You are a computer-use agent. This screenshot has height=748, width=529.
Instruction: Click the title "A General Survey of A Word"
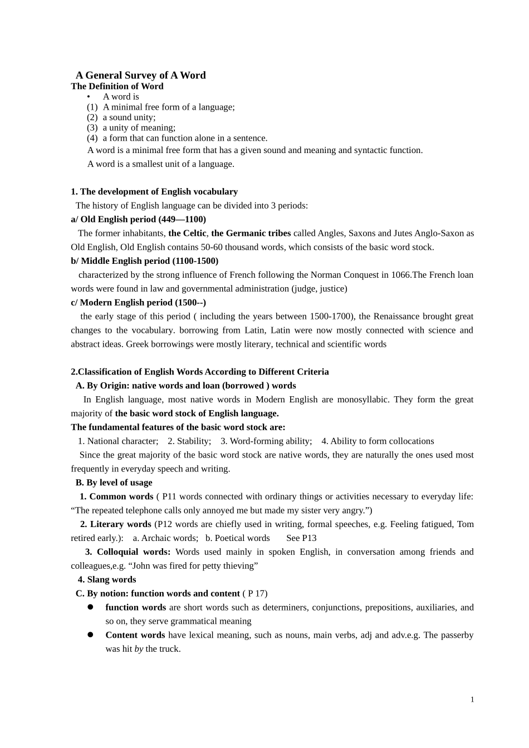point(141,75)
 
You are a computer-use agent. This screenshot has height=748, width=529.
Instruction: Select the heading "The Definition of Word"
point(117,86)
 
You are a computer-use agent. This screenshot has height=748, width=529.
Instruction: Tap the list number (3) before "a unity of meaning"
point(92,128)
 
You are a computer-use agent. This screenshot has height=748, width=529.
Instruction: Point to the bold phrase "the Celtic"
point(187,233)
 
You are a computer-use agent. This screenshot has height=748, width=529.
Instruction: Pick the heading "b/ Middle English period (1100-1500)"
point(145,261)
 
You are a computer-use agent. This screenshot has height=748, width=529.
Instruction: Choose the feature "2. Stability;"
point(189,441)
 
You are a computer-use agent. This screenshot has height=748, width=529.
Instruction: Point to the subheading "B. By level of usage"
point(114,483)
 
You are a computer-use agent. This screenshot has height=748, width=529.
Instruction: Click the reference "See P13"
point(301,538)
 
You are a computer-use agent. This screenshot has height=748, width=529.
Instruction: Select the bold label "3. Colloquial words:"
point(128,552)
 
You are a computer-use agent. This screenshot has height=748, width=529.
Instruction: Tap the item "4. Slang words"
point(107,580)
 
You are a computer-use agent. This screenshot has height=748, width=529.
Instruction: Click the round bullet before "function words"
point(90,607)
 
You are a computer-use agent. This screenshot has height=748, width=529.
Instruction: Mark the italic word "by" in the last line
point(139,649)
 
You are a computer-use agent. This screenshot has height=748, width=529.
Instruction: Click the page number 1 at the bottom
point(472,700)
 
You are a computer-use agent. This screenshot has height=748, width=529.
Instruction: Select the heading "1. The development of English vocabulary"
point(154,192)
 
